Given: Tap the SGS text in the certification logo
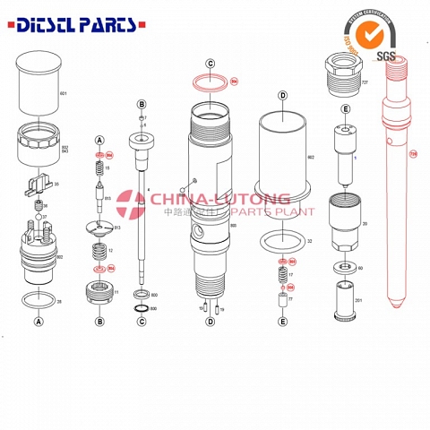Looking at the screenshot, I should point(386,57).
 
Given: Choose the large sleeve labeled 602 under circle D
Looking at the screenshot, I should point(282,159).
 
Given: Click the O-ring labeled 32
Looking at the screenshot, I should point(282,240).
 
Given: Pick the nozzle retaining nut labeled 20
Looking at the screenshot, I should point(343,224).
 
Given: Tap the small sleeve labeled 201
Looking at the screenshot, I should point(343,299).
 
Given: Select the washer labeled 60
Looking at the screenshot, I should point(343,267).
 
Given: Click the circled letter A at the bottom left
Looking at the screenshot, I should point(39,321).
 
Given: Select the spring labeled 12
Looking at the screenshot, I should point(99,251).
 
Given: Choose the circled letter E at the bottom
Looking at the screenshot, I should point(282,321).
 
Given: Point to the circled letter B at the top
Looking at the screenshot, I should point(142,105).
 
